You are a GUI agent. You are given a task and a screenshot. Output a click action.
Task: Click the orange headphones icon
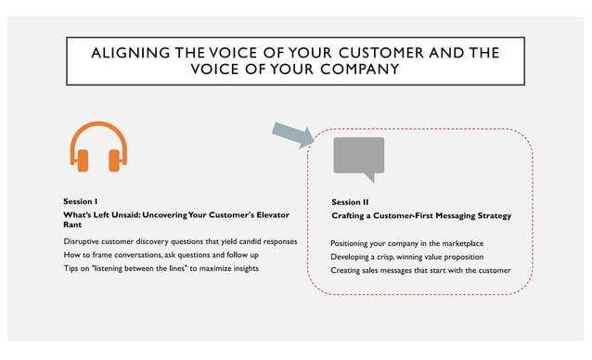tap(98, 148)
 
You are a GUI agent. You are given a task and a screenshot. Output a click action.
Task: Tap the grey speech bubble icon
tap(358, 157)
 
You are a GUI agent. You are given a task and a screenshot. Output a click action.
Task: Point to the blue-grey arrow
tap(293, 135)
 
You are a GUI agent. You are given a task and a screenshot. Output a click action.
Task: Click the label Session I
tap(81, 201)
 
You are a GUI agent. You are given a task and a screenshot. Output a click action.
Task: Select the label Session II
tap(351, 201)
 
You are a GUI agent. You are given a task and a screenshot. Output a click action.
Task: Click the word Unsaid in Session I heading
tap(121, 215)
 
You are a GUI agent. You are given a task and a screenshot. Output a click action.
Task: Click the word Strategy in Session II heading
tap(491, 215)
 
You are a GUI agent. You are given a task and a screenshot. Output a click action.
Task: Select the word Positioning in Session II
tap(354, 243)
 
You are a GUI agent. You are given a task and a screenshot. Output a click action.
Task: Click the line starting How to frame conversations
tap(161, 255)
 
